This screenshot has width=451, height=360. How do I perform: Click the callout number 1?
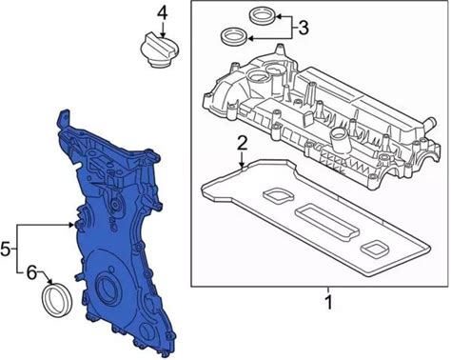pos(329,303)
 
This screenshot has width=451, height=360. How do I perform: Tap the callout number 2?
pos(243,143)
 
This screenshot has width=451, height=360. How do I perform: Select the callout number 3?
pos(304,28)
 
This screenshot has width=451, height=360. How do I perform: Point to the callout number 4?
pos(163,13)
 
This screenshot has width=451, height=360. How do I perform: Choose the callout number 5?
pos(6,249)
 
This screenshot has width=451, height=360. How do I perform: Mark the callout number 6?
pos(31,272)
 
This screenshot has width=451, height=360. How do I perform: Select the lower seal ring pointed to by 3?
pos(234,37)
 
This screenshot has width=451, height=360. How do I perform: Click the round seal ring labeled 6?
pos(57,300)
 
